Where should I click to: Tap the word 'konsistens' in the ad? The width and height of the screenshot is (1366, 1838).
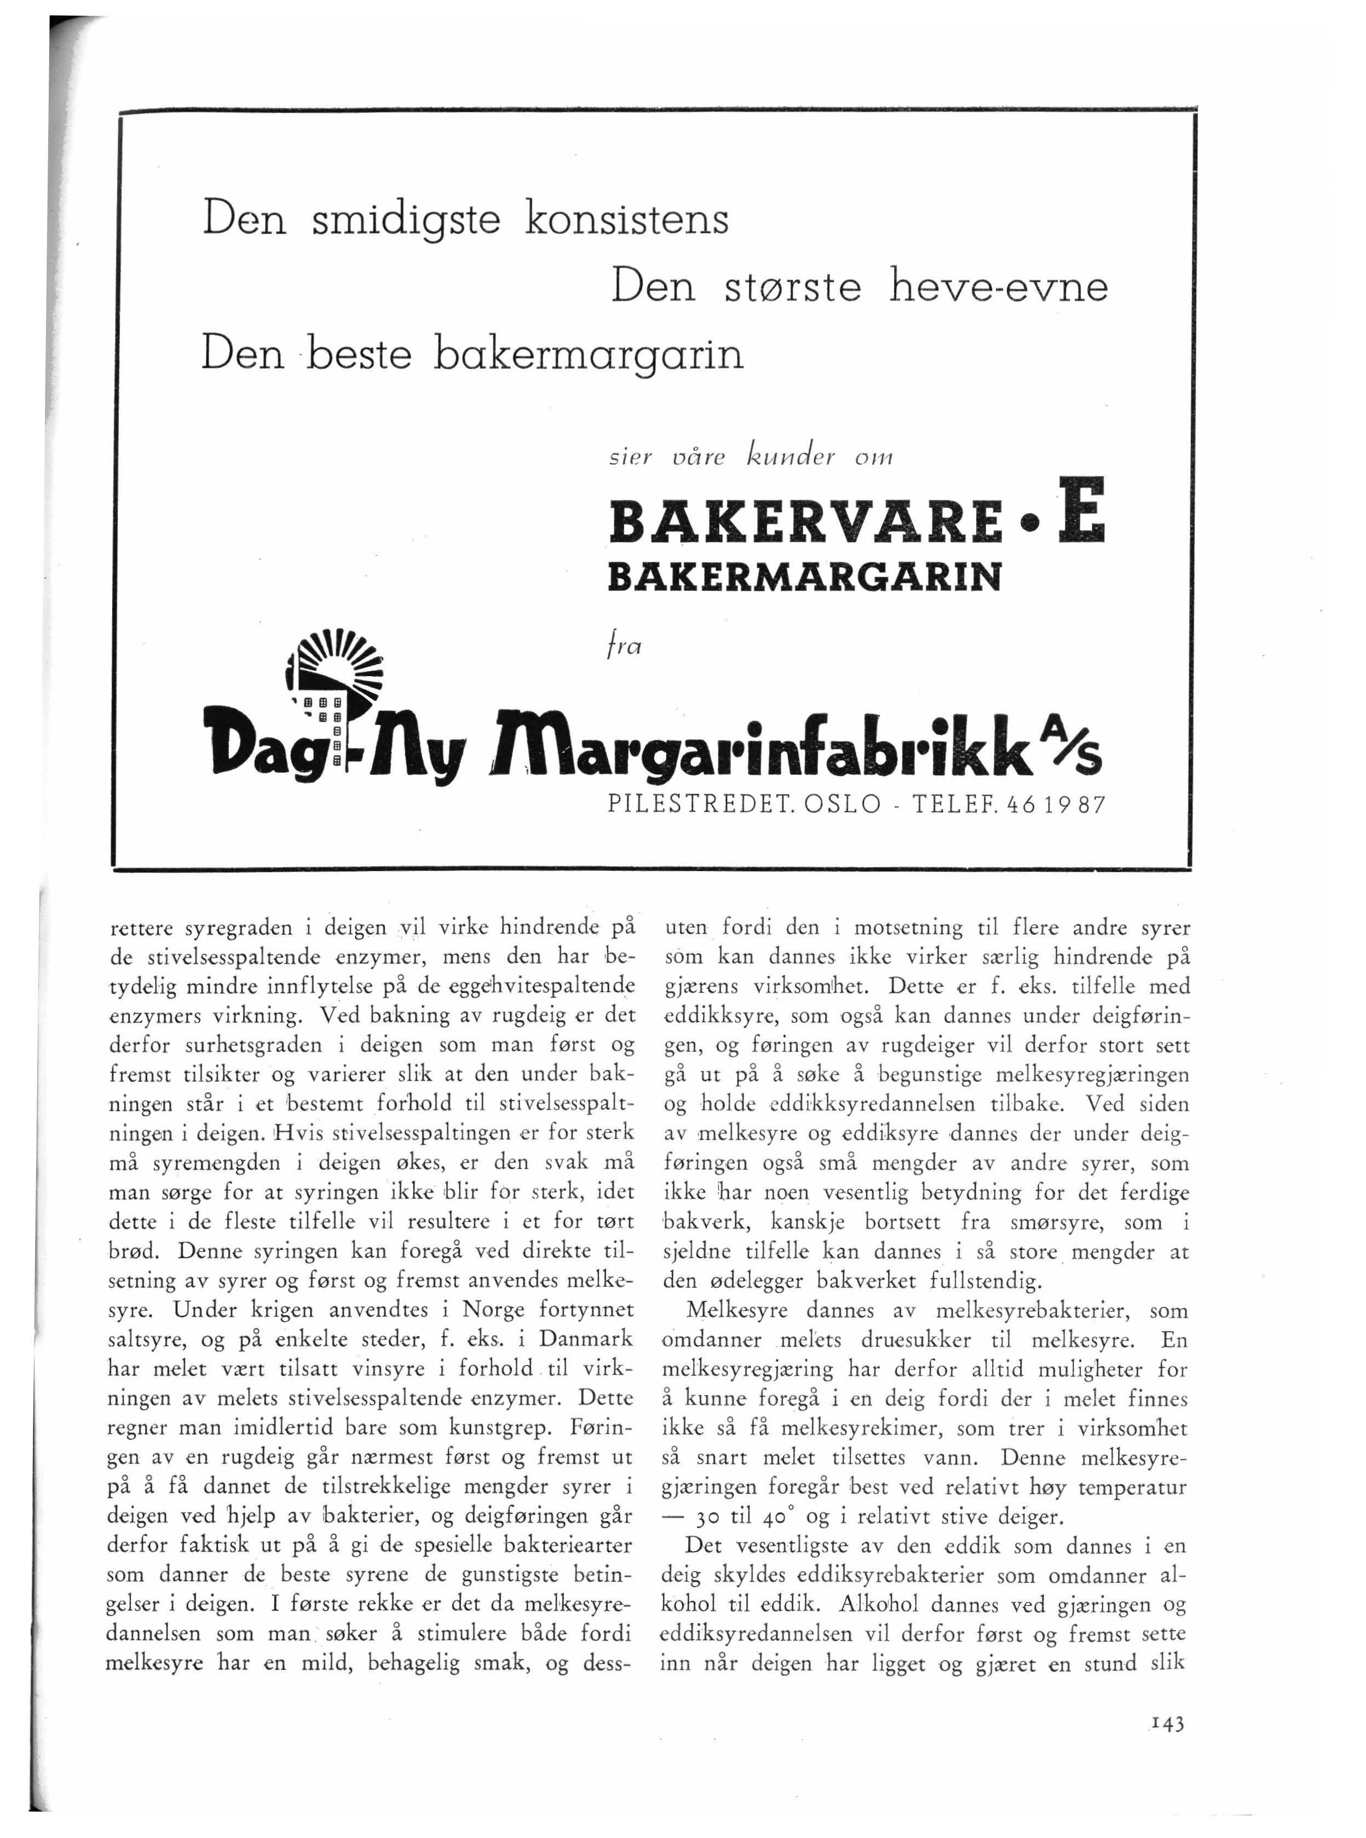pos(627,219)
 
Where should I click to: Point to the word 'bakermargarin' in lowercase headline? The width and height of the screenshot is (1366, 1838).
pos(588,355)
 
